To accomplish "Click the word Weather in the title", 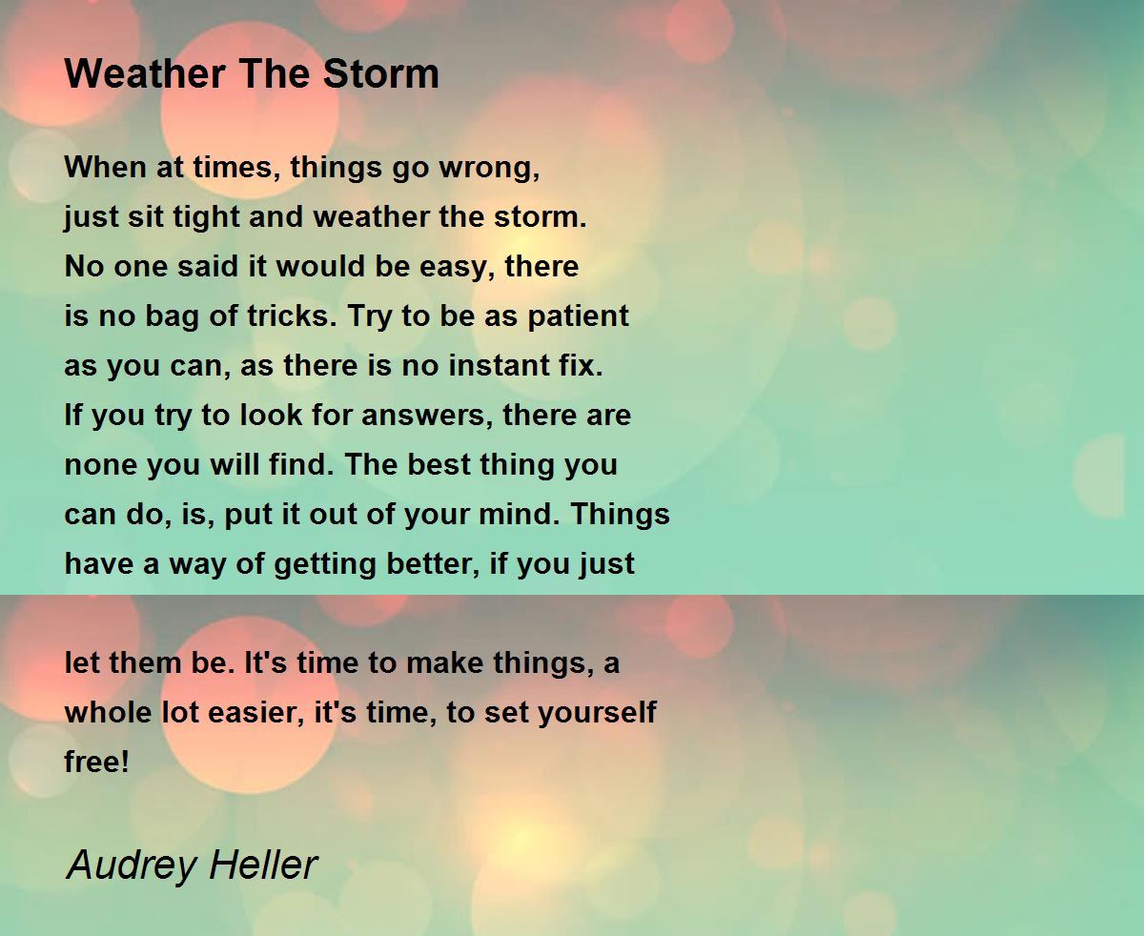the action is [x=145, y=73].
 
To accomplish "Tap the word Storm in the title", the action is [x=380, y=73].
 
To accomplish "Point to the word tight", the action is [x=206, y=217].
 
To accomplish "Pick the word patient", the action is [x=579, y=316].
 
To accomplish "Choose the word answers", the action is [x=427, y=416].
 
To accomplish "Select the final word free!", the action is [x=97, y=762].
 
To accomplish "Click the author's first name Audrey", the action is [x=131, y=865].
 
